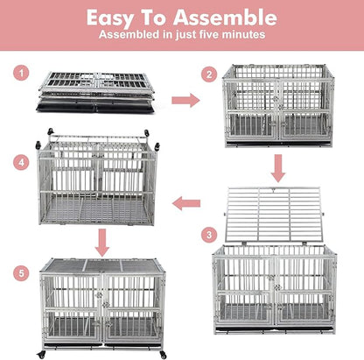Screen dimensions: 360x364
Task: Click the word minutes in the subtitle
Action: click(241, 35)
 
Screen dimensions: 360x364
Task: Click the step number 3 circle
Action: click(207, 235)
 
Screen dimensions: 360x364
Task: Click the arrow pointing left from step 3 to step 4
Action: click(186, 204)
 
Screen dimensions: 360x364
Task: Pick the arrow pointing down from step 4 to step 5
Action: click(102, 238)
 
